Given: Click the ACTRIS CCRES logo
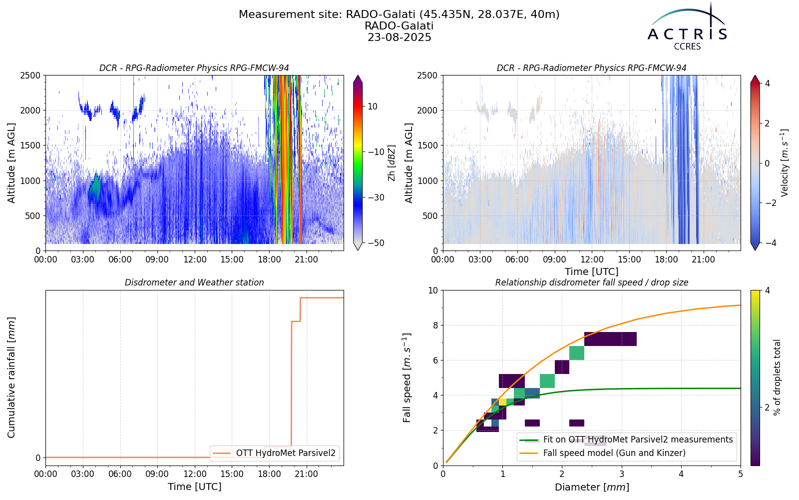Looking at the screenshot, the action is click(x=687, y=27).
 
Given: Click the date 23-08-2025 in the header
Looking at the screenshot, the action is click(x=399, y=37).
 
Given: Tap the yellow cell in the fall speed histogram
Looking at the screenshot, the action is click(x=502, y=402).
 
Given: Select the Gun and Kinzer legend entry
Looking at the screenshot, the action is click(x=614, y=453).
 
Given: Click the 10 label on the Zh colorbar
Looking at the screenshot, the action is click(x=373, y=106).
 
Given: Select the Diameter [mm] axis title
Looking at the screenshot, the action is click(x=592, y=487).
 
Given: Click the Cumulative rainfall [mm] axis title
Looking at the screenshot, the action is click(x=11, y=377).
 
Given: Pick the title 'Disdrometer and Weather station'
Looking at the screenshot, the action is click(x=194, y=282).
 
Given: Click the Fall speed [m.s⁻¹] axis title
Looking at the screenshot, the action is click(x=407, y=378).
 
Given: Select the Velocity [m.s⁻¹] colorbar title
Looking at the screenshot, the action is click(x=785, y=163).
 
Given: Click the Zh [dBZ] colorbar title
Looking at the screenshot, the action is click(x=392, y=163).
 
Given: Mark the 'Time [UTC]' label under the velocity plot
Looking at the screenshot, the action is click(x=592, y=272).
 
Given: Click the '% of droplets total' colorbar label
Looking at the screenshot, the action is click(x=777, y=378).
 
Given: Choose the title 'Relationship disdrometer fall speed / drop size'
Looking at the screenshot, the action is click(x=592, y=282).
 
